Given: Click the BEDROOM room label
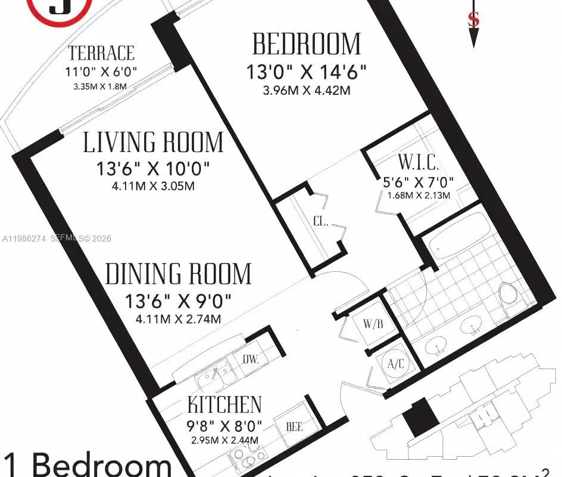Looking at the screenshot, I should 307,45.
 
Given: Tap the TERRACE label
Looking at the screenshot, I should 101,53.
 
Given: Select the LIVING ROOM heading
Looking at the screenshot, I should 153,143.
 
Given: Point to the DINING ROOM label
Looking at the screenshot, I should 179,274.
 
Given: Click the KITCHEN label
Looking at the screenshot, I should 224,405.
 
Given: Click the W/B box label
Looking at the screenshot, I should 373,324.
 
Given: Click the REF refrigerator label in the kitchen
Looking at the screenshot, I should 295,427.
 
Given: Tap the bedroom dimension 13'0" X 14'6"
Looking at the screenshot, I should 307,72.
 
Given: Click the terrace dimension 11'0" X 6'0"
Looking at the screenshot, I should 101,72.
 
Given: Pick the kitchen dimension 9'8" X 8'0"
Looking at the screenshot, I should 224,426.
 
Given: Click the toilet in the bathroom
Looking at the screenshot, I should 508,294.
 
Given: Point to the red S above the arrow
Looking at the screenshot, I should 474,20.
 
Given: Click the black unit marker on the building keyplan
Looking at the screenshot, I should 421,416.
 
